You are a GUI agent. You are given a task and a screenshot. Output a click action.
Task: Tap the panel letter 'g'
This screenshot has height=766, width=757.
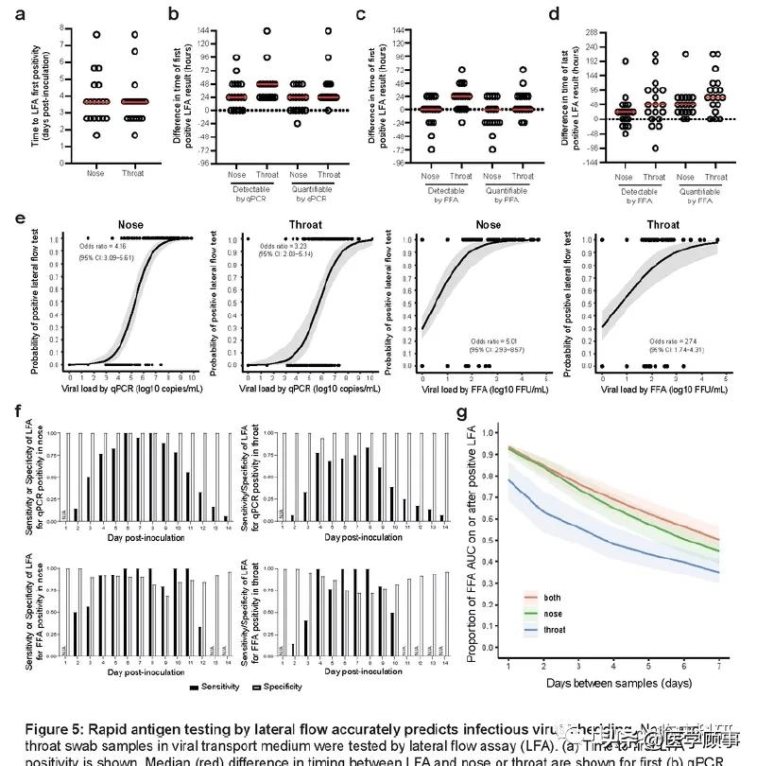462,413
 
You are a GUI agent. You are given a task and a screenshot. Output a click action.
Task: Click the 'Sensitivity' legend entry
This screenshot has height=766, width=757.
220,686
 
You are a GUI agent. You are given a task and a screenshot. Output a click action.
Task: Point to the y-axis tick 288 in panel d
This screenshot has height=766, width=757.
583,31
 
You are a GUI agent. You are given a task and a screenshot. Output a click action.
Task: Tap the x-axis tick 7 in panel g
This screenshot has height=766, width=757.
717,670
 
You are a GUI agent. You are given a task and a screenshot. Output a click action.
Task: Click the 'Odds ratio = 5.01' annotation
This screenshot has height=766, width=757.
490,340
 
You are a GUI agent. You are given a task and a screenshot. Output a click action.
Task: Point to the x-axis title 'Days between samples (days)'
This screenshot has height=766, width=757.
612,683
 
